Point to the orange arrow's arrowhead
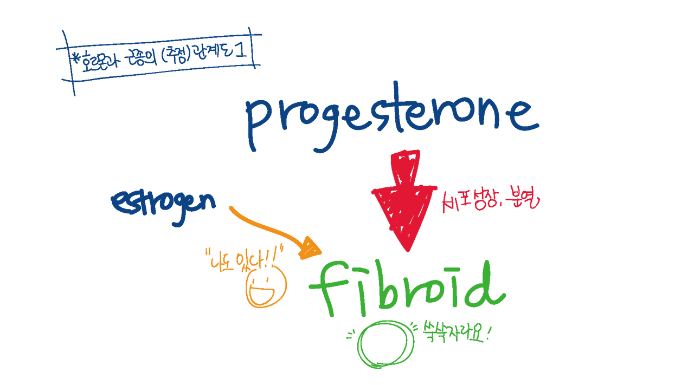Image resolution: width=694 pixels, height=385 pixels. tap(312, 247)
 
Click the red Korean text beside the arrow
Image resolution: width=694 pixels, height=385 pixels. tap(491, 202)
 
